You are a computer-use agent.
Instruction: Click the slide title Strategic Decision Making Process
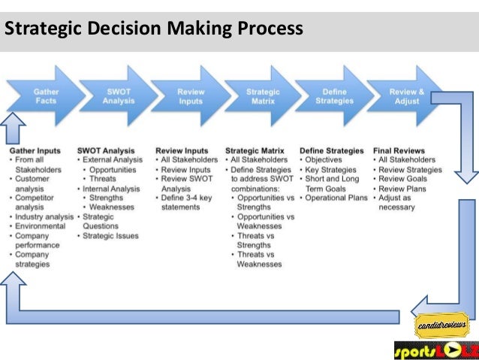[154, 29]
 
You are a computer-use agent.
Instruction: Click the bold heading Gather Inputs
[36, 150]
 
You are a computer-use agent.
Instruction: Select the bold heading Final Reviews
[399, 150]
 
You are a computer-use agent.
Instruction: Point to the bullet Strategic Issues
[112, 236]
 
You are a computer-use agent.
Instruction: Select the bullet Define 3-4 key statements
[188, 202]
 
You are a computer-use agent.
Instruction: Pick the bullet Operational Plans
[337, 198]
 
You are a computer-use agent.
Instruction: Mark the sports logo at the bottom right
[435, 350]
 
